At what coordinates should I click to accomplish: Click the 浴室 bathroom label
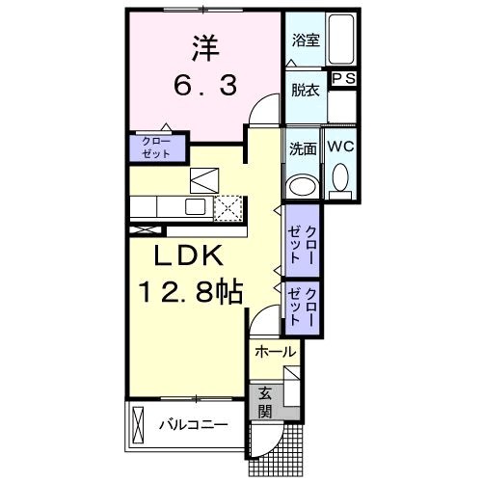(x=306, y=40)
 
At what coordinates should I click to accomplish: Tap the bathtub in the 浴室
(x=341, y=39)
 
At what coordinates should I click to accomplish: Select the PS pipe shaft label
(x=343, y=78)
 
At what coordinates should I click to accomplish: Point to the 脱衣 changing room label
(x=306, y=90)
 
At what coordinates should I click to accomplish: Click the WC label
(x=340, y=147)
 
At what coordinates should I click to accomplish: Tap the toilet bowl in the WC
(x=340, y=177)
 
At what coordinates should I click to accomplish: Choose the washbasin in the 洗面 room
(x=303, y=186)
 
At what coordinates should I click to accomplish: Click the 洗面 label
(x=303, y=149)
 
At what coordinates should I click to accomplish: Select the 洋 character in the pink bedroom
(x=205, y=48)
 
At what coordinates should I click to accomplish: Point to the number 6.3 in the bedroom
(x=205, y=86)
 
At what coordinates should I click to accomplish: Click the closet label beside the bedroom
(x=156, y=147)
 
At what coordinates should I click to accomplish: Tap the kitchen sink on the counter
(x=196, y=206)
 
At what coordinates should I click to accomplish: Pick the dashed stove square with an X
(x=228, y=208)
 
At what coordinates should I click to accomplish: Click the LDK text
(x=188, y=254)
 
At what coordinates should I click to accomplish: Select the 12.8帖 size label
(x=190, y=291)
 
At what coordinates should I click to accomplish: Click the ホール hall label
(x=275, y=352)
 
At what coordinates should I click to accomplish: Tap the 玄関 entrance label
(x=265, y=402)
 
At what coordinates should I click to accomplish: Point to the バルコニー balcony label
(x=194, y=425)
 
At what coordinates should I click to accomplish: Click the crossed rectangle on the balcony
(x=137, y=425)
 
